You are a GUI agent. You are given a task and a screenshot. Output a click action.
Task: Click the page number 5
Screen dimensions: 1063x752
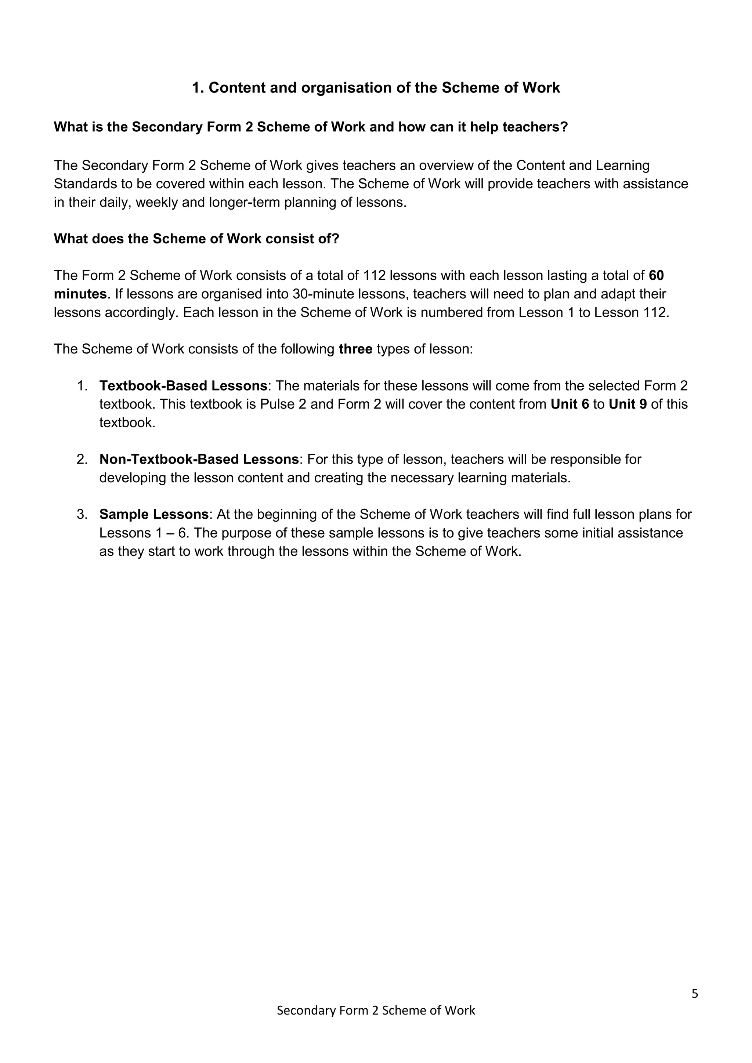695,994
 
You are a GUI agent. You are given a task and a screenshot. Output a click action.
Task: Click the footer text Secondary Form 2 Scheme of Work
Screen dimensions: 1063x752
376,1010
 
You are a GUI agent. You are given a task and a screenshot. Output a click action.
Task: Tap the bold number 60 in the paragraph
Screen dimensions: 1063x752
656,275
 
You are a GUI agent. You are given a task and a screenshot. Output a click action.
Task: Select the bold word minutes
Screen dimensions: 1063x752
80,294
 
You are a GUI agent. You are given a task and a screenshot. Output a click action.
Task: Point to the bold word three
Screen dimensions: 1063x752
356,349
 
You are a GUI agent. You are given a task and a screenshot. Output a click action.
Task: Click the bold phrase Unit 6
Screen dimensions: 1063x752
570,404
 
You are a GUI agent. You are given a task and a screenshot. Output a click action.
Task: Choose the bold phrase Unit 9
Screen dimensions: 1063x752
628,404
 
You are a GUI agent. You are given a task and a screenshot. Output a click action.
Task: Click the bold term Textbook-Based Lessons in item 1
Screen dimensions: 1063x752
183,386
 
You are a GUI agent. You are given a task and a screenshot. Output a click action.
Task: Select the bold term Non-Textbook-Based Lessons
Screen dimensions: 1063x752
199,459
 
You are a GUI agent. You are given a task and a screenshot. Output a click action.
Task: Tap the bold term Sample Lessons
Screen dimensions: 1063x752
154,514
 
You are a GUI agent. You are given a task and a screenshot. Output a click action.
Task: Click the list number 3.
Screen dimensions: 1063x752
82,514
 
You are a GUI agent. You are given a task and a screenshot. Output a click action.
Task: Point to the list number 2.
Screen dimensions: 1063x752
82,459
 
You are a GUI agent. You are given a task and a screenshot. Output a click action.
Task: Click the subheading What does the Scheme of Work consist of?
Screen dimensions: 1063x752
196,239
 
